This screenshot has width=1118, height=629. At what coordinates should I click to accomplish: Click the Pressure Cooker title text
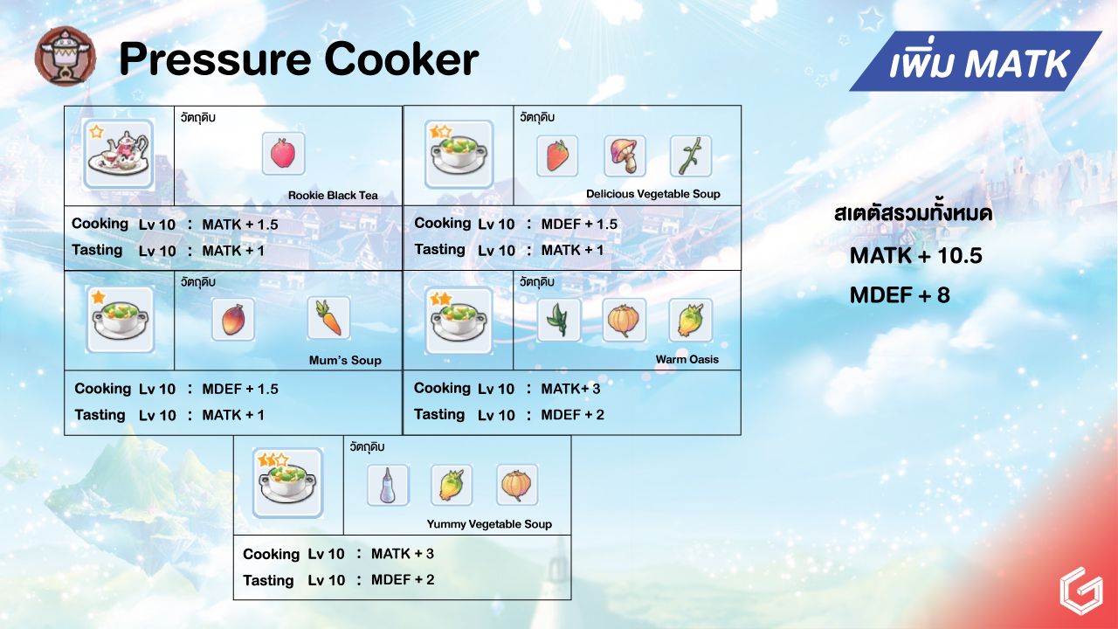click(x=299, y=59)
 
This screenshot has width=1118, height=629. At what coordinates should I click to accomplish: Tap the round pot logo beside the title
click(x=66, y=57)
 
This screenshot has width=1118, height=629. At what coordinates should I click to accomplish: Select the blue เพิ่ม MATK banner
click(x=976, y=61)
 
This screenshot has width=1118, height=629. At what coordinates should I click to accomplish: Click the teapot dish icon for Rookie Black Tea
click(x=118, y=155)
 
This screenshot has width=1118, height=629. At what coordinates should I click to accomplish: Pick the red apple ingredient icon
click(x=283, y=153)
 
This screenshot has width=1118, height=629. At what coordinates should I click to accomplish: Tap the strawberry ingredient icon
click(x=557, y=156)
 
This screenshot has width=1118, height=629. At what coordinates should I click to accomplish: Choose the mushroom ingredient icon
click(x=625, y=156)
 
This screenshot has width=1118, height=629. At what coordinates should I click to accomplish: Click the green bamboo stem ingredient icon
click(x=691, y=156)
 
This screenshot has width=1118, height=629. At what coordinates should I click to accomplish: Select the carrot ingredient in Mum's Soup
click(x=328, y=318)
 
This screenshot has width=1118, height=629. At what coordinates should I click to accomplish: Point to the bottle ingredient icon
click(x=388, y=485)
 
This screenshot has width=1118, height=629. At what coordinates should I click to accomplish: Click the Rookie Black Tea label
click(x=333, y=195)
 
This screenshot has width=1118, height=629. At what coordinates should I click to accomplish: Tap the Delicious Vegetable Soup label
click(x=652, y=194)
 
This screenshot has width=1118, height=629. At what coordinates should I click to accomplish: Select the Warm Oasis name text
click(x=687, y=359)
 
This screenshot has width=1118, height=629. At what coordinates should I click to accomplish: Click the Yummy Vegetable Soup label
click(x=489, y=524)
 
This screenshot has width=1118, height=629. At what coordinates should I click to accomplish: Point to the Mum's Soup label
click(x=345, y=361)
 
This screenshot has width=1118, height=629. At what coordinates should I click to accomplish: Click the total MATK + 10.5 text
click(x=916, y=256)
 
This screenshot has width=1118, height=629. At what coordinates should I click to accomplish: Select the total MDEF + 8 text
click(x=900, y=295)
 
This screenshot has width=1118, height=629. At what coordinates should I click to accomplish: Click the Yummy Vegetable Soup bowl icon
click(x=288, y=483)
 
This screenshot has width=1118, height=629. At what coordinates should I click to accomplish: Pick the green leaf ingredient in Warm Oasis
click(x=559, y=320)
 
